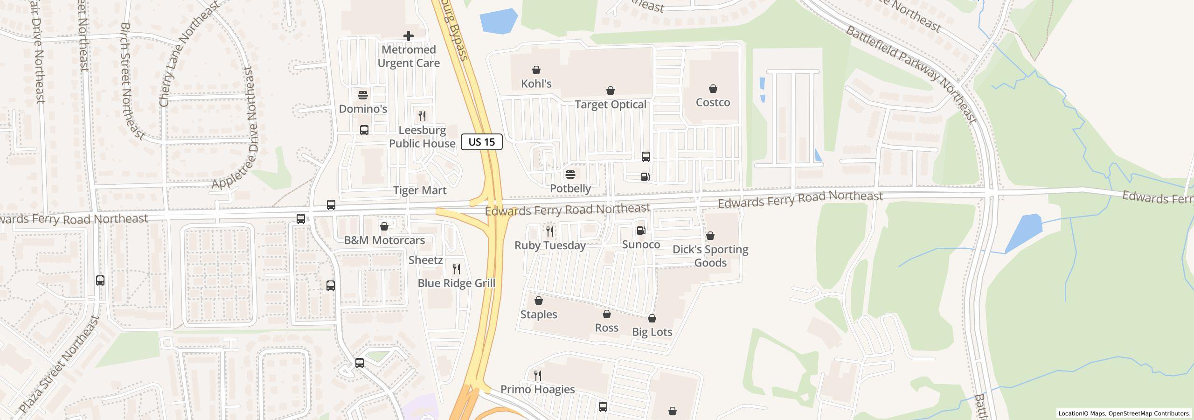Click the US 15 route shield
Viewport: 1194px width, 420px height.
[481, 142]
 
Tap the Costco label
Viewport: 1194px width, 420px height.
[713, 102]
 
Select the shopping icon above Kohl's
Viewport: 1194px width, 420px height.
[536, 70]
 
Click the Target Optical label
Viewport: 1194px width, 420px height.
[610, 105]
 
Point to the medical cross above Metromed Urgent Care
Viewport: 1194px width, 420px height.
[409, 36]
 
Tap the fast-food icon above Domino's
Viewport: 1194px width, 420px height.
[363, 95]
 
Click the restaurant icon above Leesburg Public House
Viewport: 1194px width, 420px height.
[422, 116]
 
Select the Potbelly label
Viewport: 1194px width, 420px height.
[570, 189]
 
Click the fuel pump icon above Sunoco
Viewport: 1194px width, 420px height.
[641, 231]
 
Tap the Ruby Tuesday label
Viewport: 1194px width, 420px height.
[550, 245]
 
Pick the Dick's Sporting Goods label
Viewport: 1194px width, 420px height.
[710, 256]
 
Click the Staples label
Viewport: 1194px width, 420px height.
[538, 315]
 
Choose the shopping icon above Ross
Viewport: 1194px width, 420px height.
[606, 315]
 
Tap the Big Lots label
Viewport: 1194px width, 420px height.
[652, 332]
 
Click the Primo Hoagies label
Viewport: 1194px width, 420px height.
[537, 389]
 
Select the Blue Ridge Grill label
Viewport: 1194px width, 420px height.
[456, 283]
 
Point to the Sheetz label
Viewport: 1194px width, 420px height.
[425, 260]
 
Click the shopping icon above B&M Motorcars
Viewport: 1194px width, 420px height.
[384, 227]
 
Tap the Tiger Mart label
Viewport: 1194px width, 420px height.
[420, 190]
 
